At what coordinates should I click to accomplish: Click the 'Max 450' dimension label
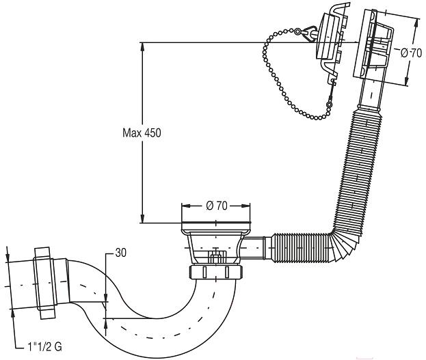click(142, 133)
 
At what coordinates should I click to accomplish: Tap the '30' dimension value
click(120, 253)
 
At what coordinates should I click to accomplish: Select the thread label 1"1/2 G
click(44, 347)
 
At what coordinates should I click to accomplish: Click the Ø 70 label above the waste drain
click(216, 206)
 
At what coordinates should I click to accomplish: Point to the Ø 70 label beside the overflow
click(411, 53)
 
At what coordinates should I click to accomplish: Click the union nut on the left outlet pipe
click(44, 283)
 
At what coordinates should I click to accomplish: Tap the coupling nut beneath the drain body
click(215, 272)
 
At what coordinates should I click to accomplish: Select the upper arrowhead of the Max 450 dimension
click(142, 47)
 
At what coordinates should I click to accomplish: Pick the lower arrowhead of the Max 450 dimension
click(142, 219)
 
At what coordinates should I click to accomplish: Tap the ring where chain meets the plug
click(297, 31)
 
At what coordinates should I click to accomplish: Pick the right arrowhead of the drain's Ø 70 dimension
click(245, 206)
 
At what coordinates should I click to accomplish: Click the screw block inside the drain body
click(217, 257)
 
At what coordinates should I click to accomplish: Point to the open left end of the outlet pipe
click(10, 286)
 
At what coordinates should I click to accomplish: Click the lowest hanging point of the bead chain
click(317, 118)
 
